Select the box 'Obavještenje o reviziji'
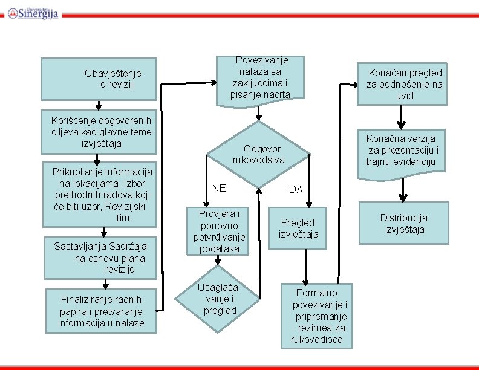99,79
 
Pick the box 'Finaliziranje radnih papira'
101,311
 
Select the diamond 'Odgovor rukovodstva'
258,154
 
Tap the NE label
220,188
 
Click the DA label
295,189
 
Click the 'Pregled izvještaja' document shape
298,228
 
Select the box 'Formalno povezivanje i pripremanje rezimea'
317,316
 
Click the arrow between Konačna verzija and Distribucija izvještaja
403,191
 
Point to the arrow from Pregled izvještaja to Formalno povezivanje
306,264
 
